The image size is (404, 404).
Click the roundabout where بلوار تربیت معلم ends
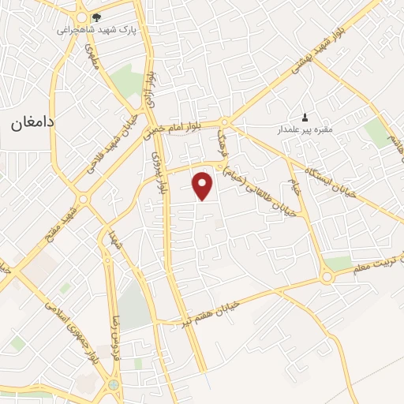[327, 277]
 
